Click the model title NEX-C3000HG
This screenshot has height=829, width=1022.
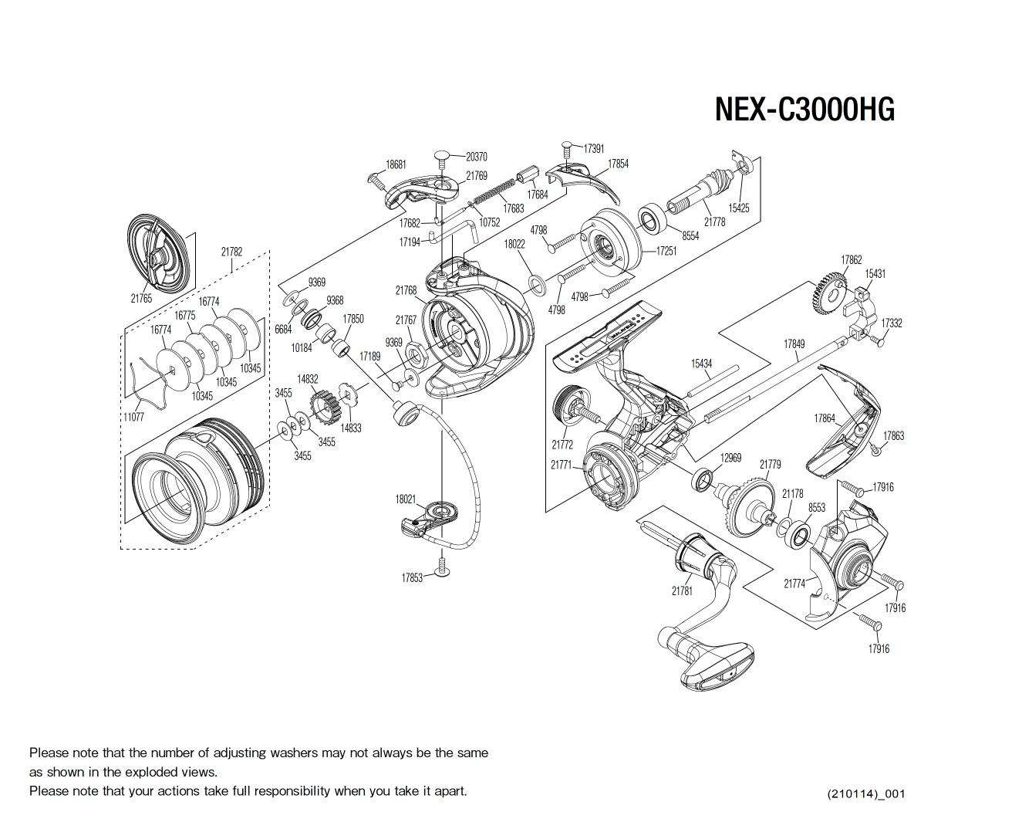pyautogui.click(x=804, y=110)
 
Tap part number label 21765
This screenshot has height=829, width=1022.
pyautogui.click(x=141, y=299)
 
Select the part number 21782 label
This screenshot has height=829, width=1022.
pyautogui.click(x=231, y=252)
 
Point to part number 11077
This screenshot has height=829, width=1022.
pyautogui.click(x=133, y=417)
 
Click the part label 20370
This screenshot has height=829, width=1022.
pyautogui.click(x=476, y=157)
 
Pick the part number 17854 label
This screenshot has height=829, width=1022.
pyautogui.click(x=618, y=164)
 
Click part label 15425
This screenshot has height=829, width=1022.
pyautogui.click(x=738, y=208)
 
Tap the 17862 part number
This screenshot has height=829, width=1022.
pyautogui.click(x=851, y=260)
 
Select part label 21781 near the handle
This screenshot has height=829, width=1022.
pyautogui.click(x=682, y=590)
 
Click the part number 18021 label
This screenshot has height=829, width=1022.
pyautogui.click(x=406, y=499)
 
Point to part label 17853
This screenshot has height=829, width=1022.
pyautogui.click(x=412, y=577)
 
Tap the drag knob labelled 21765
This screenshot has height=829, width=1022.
pyautogui.click(x=158, y=252)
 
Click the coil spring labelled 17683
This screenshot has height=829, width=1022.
pyautogui.click(x=494, y=193)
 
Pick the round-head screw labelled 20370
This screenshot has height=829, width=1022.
pyautogui.click(x=442, y=159)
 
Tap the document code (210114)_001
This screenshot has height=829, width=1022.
pyautogui.click(x=865, y=793)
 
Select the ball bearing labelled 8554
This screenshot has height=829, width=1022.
pyautogui.click(x=652, y=219)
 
